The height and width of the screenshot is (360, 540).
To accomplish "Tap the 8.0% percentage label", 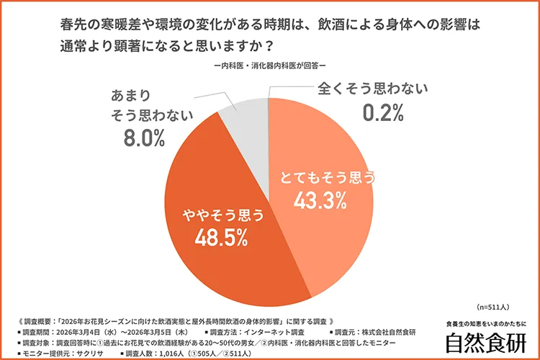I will [145, 138].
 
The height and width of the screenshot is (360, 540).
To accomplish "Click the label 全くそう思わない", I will [373, 89].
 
